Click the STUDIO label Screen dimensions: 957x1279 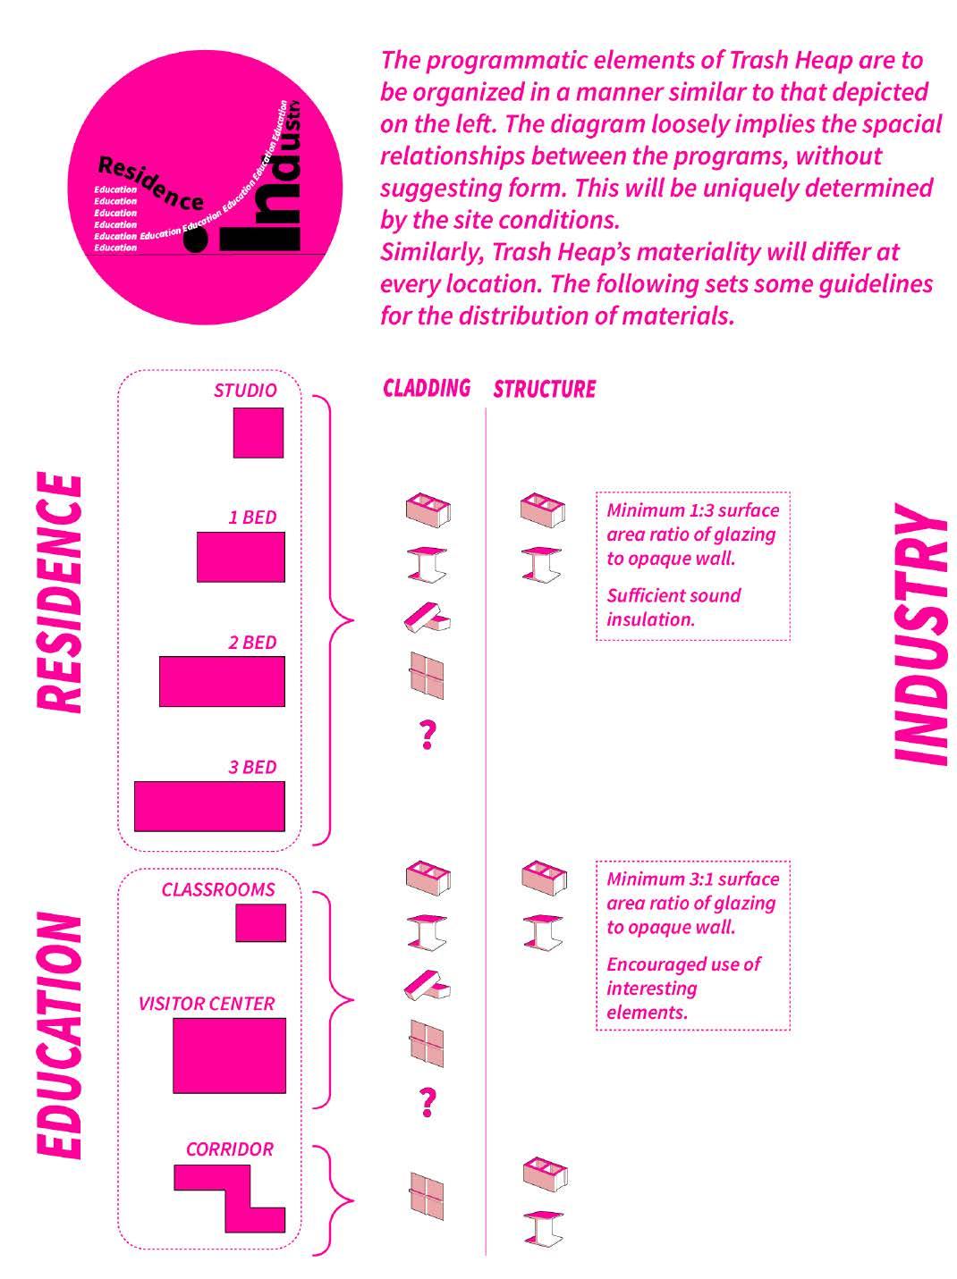(x=245, y=391)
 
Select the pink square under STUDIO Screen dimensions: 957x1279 (x=258, y=433)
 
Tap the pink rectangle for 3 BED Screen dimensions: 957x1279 (x=209, y=806)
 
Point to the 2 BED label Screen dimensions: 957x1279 (x=252, y=643)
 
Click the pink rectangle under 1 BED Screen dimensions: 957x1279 (x=241, y=557)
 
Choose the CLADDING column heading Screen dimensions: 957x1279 (x=427, y=388)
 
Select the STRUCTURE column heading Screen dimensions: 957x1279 (x=544, y=389)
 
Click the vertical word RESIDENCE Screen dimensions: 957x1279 (x=61, y=592)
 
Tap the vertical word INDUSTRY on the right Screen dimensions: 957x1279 (x=921, y=634)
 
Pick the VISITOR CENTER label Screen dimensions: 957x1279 (x=207, y=1004)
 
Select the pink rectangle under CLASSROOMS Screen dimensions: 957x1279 (x=260, y=922)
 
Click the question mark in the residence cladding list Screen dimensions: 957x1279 (x=428, y=734)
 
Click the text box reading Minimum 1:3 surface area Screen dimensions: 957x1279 (x=692, y=565)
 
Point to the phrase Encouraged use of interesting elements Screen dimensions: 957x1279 (x=683, y=989)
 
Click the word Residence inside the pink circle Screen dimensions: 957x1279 (x=148, y=182)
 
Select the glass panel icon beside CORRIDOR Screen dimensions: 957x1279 (x=428, y=1196)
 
